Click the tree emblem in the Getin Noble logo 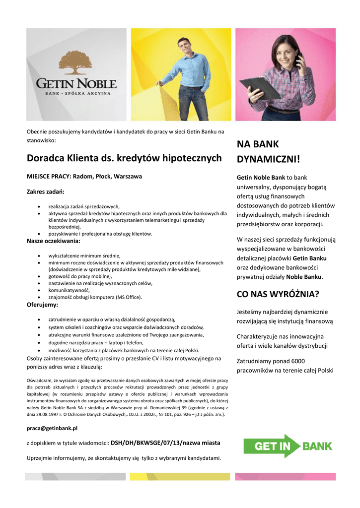pyautogui.click(x=75, y=63)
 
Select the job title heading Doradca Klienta pyautogui.click(x=124, y=158)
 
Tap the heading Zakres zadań pyautogui.click(x=45, y=191)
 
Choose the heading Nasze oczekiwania pyautogui.click(x=53, y=241)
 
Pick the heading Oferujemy pyautogui.click(x=42, y=305)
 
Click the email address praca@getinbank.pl pyautogui.click(x=52, y=428)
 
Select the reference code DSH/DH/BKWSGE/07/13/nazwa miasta pyautogui.click(x=165, y=443)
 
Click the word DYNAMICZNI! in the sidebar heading pyautogui.click(x=268, y=160)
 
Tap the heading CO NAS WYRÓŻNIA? pyautogui.click(x=278, y=294)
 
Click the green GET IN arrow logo pyautogui.click(x=272, y=445)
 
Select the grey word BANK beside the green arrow pyautogui.click(x=318, y=446)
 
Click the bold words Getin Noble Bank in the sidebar pyautogui.click(x=261, y=177)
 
